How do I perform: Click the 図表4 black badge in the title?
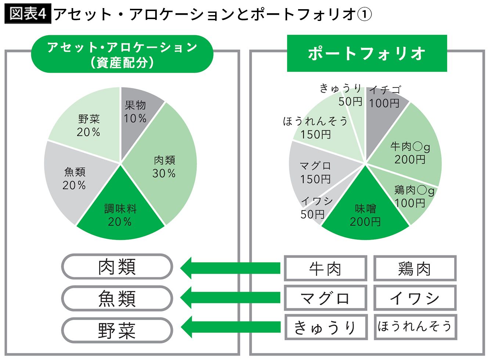[28, 14]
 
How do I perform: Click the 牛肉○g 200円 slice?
[409, 152]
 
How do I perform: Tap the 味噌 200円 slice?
[365, 215]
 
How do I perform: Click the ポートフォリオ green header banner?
[367, 53]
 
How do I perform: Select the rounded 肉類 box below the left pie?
[117, 267]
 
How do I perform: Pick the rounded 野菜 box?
[117, 330]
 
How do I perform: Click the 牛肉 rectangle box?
[325, 269]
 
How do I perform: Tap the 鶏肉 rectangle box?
[415, 269]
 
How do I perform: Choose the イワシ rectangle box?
[415, 298]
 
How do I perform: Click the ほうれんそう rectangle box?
[415, 327]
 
